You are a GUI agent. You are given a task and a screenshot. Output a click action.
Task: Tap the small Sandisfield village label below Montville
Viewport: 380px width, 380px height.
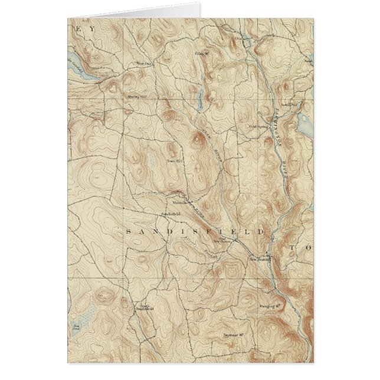170,213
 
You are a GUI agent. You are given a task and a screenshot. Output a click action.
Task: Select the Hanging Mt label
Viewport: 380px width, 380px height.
268,307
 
